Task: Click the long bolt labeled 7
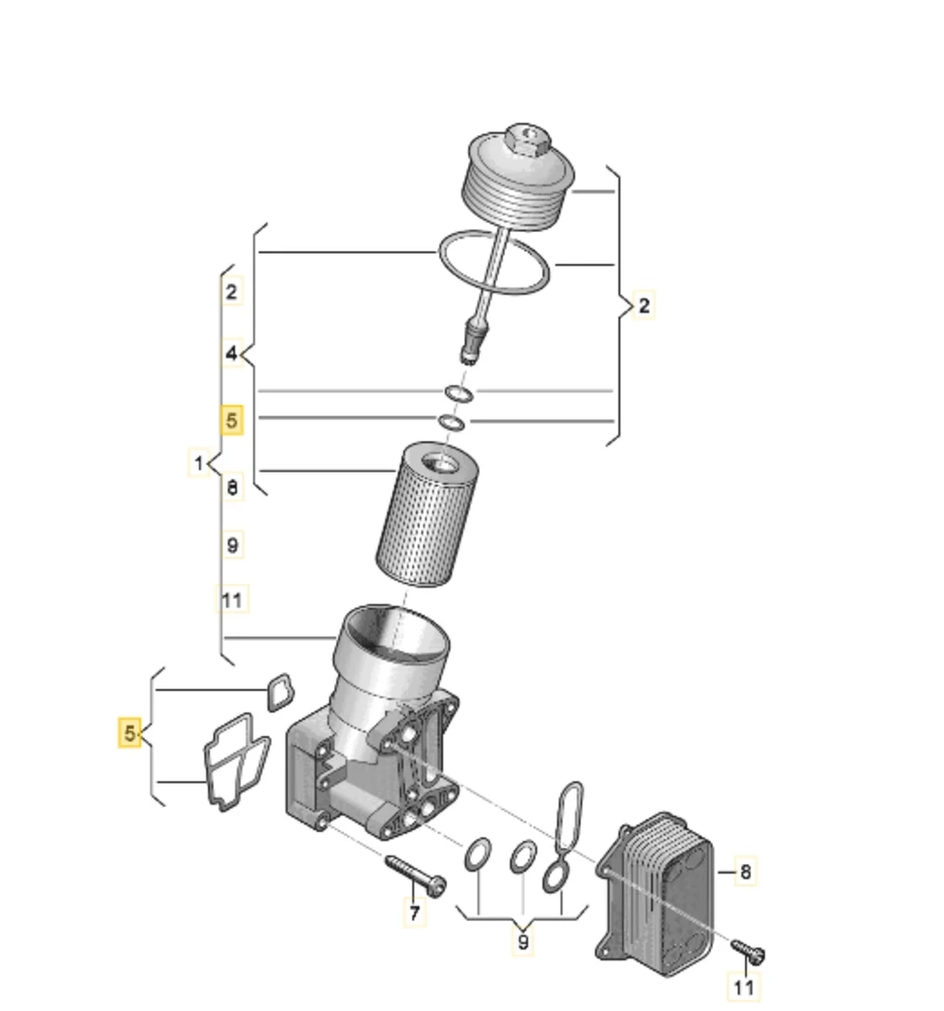click(414, 873)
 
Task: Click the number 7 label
click(414, 912)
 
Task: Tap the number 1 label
click(198, 462)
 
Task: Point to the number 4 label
click(232, 354)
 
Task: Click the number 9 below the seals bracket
click(523, 942)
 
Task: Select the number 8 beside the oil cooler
click(745, 872)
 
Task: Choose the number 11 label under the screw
click(744, 987)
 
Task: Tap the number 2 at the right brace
click(643, 305)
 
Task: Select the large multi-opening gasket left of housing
click(234, 760)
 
